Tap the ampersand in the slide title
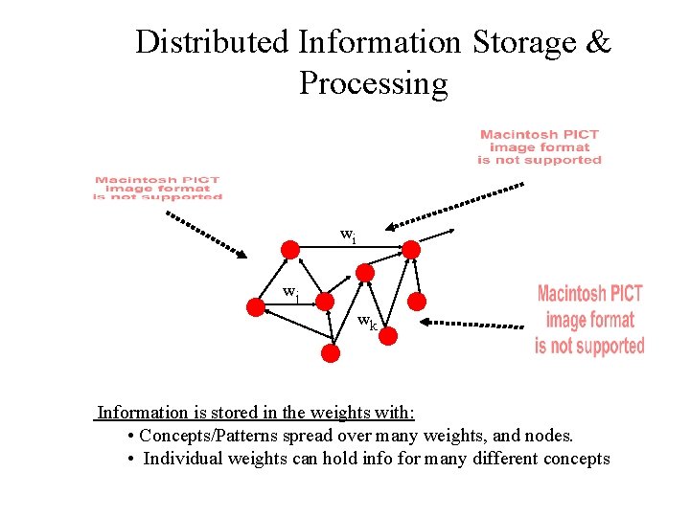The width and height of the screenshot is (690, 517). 597,42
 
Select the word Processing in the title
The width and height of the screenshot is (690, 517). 373,83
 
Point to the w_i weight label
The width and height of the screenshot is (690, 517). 349,235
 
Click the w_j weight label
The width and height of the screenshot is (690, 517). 290,294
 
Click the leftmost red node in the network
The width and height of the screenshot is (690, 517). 255,307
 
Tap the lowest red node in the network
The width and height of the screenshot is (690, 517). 330,353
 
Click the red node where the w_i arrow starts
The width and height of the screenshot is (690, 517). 289,249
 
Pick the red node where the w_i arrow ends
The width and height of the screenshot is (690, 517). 410,250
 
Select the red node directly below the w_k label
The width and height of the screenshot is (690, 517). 382,337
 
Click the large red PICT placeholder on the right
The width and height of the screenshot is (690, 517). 589,320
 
